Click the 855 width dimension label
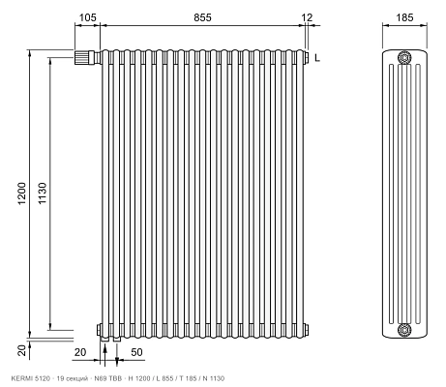pyautogui.click(x=202, y=17)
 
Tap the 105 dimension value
pyautogui.click(x=87, y=17)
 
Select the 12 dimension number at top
pyautogui.click(x=307, y=17)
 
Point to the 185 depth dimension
pyautogui.click(x=404, y=17)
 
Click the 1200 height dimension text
pyautogui.click(x=21, y=193)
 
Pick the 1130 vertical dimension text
pyautogui.click(x=43, y=193)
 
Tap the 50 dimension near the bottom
pyautogui.click(x=136, y=352)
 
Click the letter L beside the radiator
pyautogui.click(x=317, y=58)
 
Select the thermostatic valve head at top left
pyautogui.click(x=81, y=58)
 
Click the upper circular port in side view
pyautogui.click(x=404, y=58)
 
